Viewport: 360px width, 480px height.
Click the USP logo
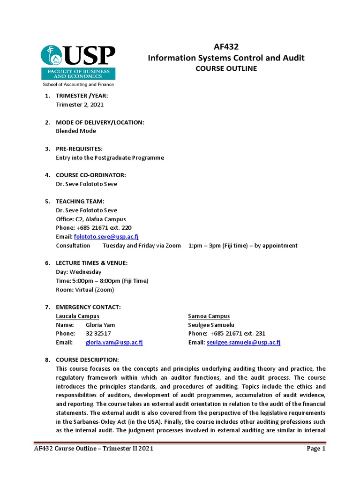78,65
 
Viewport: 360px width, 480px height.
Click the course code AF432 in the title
226,47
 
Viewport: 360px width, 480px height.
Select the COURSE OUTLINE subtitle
226,68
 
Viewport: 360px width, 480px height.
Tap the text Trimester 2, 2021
80,105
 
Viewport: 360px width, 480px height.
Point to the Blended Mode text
76,131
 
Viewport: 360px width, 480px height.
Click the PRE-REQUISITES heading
79,149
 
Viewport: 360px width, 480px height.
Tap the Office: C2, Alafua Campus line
91,219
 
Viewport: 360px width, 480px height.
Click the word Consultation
73,246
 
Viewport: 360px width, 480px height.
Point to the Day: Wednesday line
78,272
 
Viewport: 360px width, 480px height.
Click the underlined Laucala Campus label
77,316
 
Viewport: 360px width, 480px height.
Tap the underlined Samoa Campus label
209,316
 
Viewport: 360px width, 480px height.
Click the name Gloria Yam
100,325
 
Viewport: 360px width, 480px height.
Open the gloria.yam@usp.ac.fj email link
114,343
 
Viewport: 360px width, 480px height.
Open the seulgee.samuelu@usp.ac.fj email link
243,343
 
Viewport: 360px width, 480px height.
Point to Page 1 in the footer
316,449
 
